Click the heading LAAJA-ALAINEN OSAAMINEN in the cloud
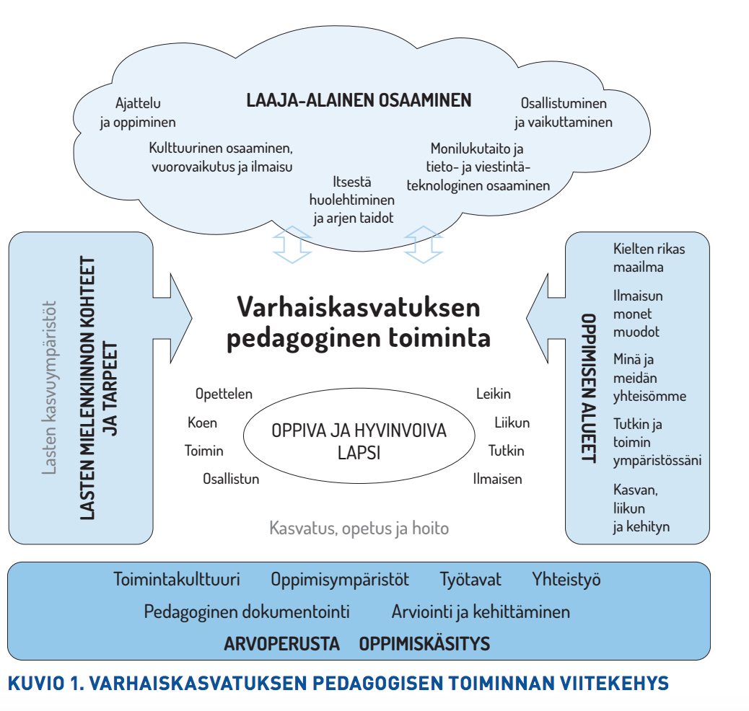click(359, 100)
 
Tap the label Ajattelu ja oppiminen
click(137, 112)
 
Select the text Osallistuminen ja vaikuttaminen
click(563, 112)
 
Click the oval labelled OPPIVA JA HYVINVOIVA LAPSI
click(359, 441)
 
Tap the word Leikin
click(494, 394)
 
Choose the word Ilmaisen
click(497, 479)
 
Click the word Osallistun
click(231, 479)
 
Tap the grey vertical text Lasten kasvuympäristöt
click(49, 387)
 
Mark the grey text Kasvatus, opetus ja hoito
click(359, 529)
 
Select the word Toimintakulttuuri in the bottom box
click(177, 579)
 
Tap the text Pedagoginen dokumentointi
click(247, 612)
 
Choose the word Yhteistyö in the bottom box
click(566, 579)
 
